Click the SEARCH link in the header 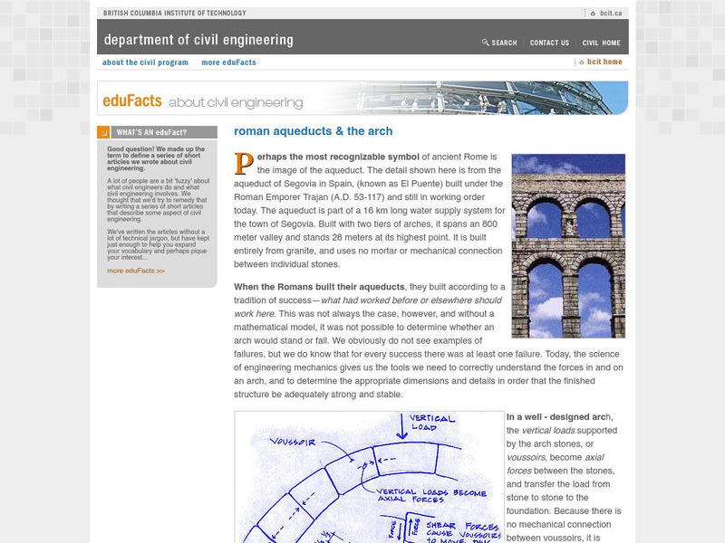(x=500, y=43)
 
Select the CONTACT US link (x=549, y=43)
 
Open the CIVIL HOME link (x=601, y=43)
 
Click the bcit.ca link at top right (x=604, y=14)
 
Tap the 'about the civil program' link (x=145, y=62)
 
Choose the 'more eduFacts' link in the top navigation (x=228, y=62)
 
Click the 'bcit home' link (x=604, y=62)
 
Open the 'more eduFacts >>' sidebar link (x=136, y=271)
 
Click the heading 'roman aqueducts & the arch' (x=313, y=131)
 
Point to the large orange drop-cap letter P (x=243, y=163)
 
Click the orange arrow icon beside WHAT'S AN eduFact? (x=103, y=132)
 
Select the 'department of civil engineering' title (x=198, y=40)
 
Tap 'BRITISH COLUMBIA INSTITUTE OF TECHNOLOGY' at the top (x=174, y=14)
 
